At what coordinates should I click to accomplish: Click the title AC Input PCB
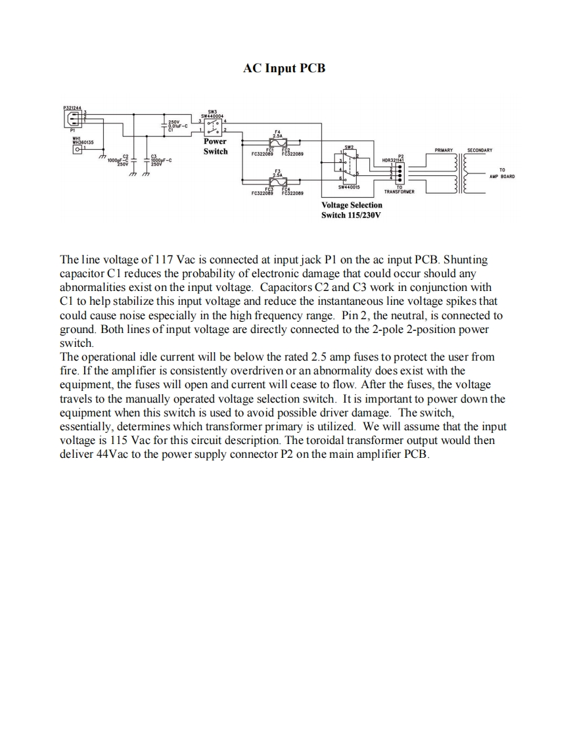(284, 68)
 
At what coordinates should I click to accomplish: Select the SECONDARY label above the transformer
(479, 150)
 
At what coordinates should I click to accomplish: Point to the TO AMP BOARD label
(501, 173)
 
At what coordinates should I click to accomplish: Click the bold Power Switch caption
(216, 146)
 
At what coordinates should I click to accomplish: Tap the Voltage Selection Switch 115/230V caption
(352, 210)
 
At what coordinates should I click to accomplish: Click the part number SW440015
(350, 187)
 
